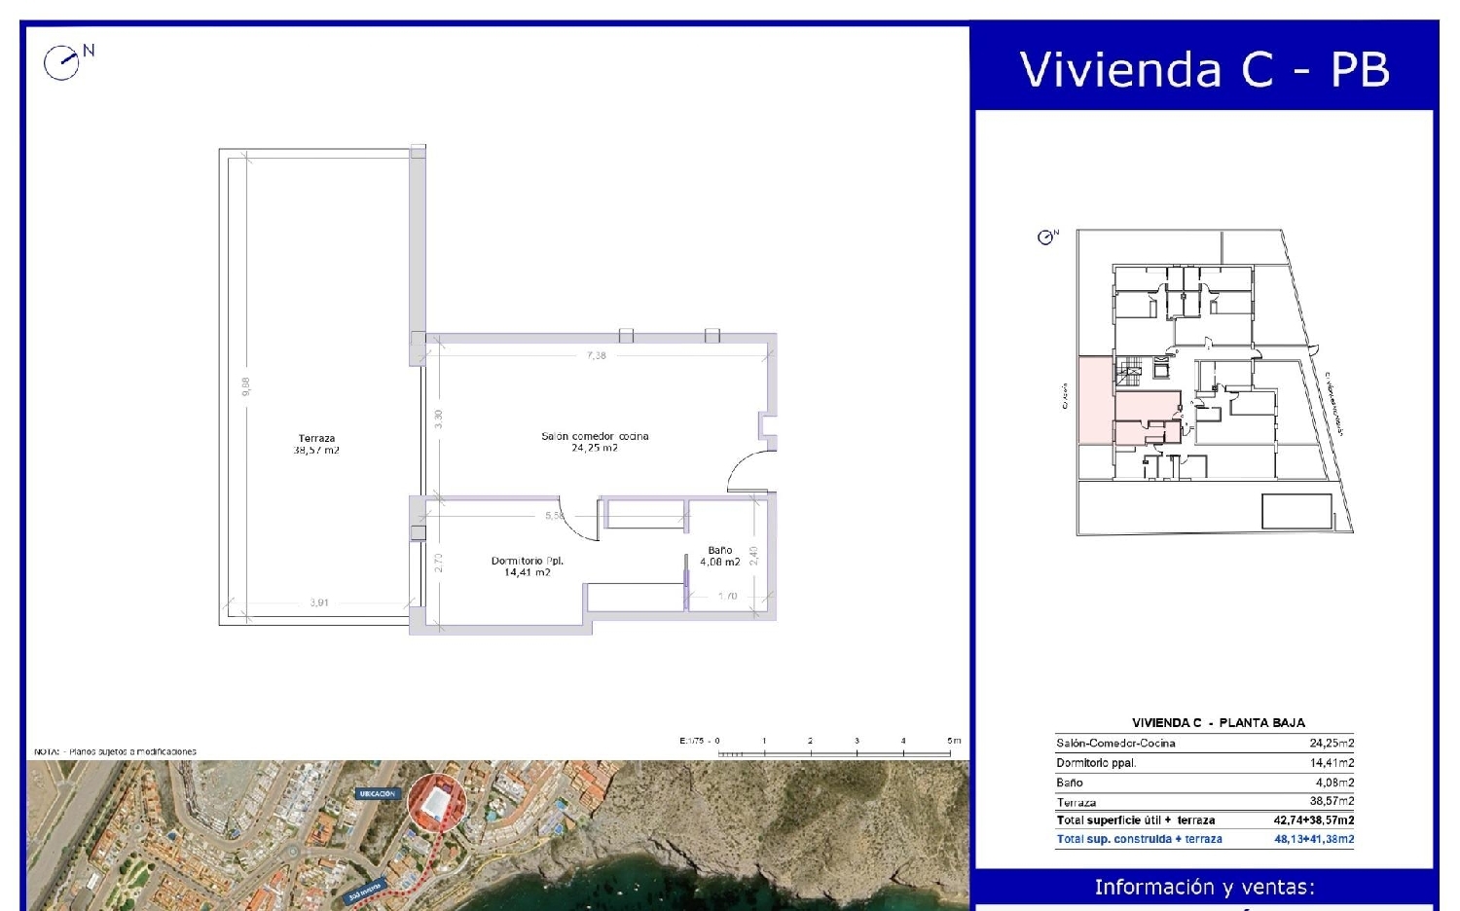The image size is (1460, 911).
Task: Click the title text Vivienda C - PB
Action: click(1204, 69)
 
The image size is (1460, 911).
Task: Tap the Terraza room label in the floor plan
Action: click(316, 445)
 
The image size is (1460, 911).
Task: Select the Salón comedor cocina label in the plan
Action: click(595, 442)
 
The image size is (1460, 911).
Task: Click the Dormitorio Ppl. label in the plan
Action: click(527, 566)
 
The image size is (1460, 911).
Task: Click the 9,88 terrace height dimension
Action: click(246, 386)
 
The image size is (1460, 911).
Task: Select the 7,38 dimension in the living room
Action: click(597, 355)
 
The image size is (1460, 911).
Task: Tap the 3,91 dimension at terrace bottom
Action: click(319, 602)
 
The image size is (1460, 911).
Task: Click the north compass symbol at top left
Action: click(62, 62)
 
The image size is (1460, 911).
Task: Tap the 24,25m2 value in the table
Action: click(1331, 743)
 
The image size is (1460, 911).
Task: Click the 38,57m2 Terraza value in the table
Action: click(1331, 801)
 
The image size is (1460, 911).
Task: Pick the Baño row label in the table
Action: click(1070, 783)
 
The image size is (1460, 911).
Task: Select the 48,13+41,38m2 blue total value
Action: click(1313, 839)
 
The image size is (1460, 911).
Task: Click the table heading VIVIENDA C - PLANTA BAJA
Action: click(1218, 722)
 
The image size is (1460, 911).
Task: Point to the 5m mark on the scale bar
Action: click(953, 742)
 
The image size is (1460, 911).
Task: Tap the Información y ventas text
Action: click(1204, 887)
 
